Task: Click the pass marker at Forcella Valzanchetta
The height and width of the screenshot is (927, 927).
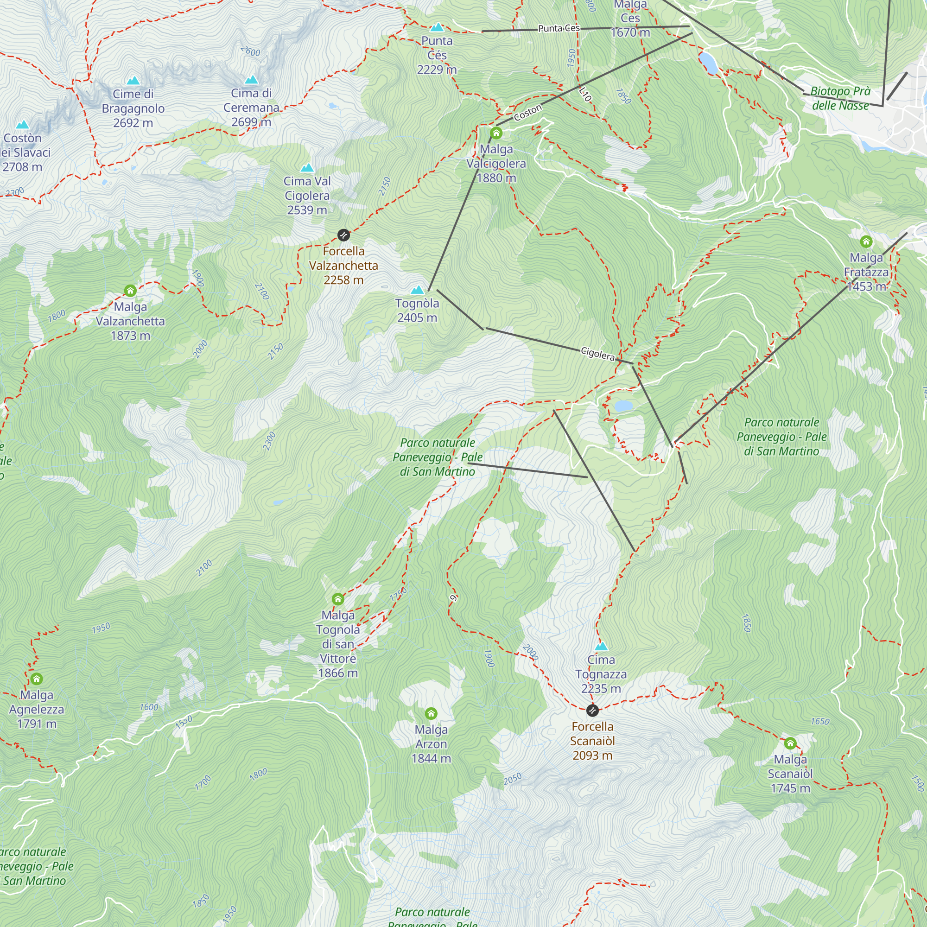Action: (343, 235)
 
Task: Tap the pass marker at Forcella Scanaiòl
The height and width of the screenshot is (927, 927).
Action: (592, 710)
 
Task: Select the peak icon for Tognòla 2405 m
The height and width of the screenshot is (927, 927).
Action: (418, 290)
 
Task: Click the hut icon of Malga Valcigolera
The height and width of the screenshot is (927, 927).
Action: (496, 133)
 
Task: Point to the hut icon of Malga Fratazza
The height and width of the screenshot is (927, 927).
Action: (866, 241)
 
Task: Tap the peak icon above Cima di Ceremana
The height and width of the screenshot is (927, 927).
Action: (251, 80)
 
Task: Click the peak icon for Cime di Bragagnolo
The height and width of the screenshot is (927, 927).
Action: (133, 81)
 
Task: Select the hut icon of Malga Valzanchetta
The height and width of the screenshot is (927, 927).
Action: (130, 291)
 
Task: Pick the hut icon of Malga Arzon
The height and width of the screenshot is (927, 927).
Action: (432, 713)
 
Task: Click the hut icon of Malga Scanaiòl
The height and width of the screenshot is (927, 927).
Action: (790, 744)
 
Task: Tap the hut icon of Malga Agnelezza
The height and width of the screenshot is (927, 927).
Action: (37, 679)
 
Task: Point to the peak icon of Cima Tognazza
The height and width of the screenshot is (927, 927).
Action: (601, 646)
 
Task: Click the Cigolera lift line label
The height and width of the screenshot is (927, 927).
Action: (598, 354)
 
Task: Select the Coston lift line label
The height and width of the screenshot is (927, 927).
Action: (528, 113)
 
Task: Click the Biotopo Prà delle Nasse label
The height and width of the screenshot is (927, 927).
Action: (840, 98)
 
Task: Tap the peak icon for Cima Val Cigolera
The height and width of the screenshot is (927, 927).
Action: (307, 168)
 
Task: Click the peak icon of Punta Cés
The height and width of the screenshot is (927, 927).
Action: (437, 27)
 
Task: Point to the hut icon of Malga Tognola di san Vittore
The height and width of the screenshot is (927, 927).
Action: (338, 599)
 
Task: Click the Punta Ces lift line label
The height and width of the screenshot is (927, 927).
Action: (559, 28)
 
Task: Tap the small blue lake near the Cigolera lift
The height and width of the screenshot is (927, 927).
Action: (623, 406)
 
